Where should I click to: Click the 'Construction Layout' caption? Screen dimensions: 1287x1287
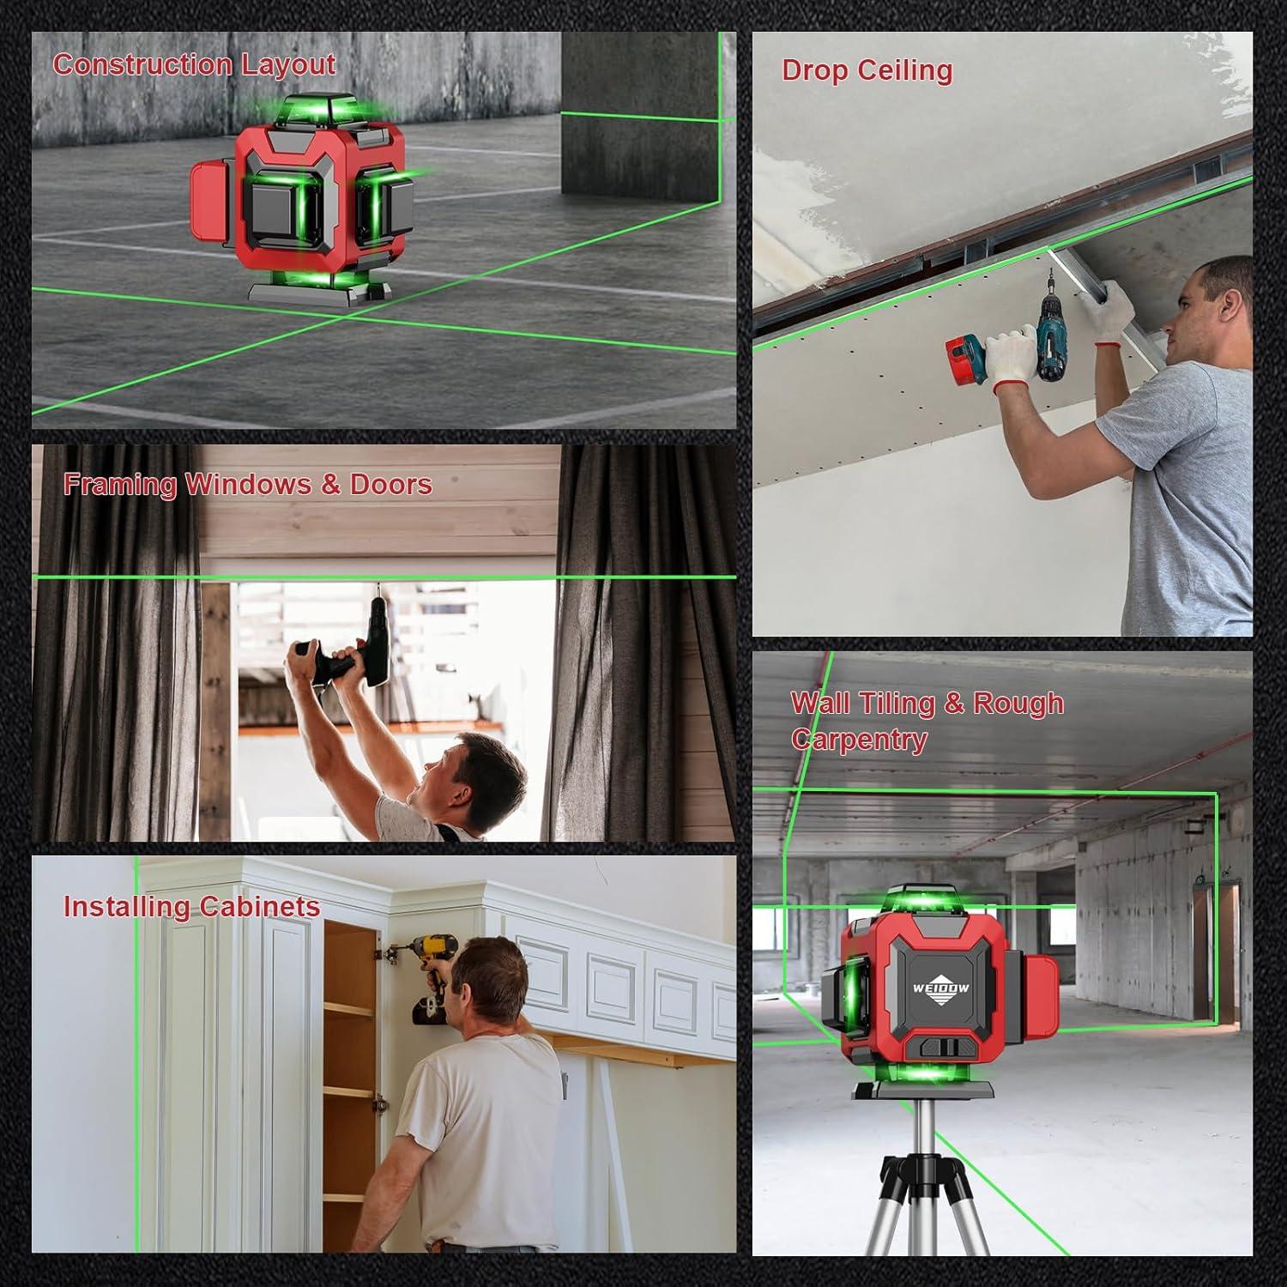(x=194, y=64)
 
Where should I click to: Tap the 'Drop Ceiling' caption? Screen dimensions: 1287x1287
(x=867, y=70)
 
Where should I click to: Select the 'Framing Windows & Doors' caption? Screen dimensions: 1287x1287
(x=247, y=484)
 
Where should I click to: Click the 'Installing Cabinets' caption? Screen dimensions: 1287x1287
(x=191, y=906)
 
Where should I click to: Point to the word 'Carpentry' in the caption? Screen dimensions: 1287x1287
(x=859, y=739)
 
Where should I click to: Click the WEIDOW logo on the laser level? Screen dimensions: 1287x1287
(x=940, y=988)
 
